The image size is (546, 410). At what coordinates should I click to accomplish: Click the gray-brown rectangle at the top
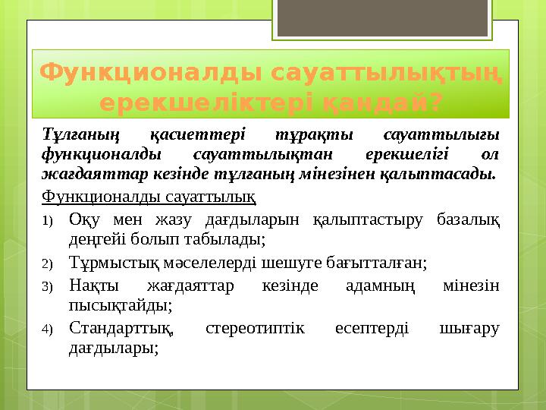tap(389, 19)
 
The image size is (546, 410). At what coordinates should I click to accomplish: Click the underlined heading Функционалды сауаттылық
tap(149, 198)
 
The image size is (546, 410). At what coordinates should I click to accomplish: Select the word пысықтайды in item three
tap(119, 306)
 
